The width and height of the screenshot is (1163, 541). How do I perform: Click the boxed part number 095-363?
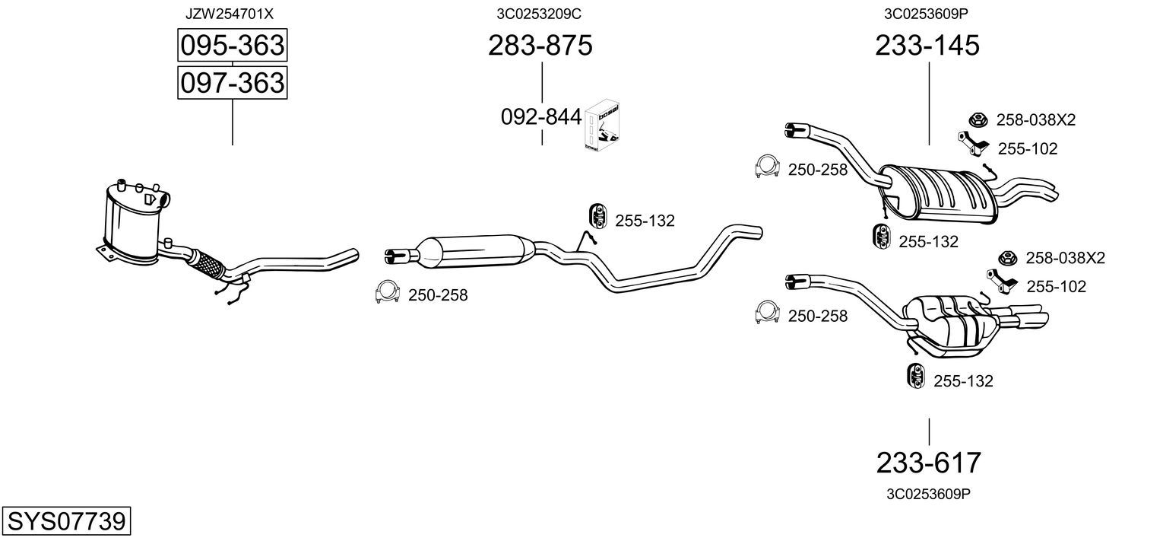(232, 45)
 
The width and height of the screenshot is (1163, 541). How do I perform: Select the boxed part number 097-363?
(232, 83)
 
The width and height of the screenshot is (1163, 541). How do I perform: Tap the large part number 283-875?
(540, 45)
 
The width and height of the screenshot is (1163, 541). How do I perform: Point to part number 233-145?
(927, 45)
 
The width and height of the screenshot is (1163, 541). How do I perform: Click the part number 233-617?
(928, 463)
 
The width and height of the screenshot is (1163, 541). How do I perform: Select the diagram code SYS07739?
(66, 521)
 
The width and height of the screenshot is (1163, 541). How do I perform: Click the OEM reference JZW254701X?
(229, 14)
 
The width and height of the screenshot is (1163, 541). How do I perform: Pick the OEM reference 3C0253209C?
(539, 14)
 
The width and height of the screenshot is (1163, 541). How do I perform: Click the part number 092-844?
(541, 117)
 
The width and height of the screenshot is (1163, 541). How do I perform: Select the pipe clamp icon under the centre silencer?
(387, 292)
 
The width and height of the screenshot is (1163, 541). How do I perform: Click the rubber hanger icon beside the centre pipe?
(598, 217)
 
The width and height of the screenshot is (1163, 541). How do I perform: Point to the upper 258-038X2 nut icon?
(978, 120)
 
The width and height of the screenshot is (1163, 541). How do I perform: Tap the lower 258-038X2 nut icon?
(1008, 258)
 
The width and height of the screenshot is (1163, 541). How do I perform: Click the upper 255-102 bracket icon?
(973, 143)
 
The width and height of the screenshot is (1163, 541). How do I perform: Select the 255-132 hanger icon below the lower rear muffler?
(916, 377)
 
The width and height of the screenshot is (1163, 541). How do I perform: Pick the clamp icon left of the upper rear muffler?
(768, 167)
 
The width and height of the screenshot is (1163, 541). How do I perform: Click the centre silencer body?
(476, 252)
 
